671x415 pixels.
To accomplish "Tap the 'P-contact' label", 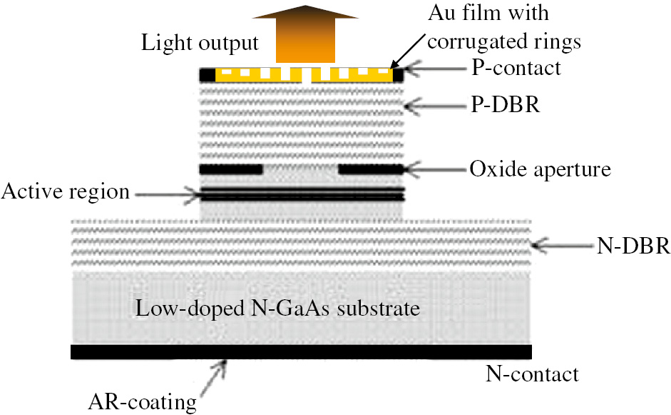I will pos(516,69).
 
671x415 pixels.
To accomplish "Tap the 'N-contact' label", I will pos(532,373).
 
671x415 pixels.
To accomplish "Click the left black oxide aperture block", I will pos(231,170).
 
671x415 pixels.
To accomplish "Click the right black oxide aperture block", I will pos(370,170).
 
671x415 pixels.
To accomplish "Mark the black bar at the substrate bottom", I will pos(302,352).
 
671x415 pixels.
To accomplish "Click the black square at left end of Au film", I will pos(208,74).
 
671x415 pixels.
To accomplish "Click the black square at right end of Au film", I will pos(398,74).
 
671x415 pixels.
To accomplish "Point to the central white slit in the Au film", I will pos(306,76).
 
